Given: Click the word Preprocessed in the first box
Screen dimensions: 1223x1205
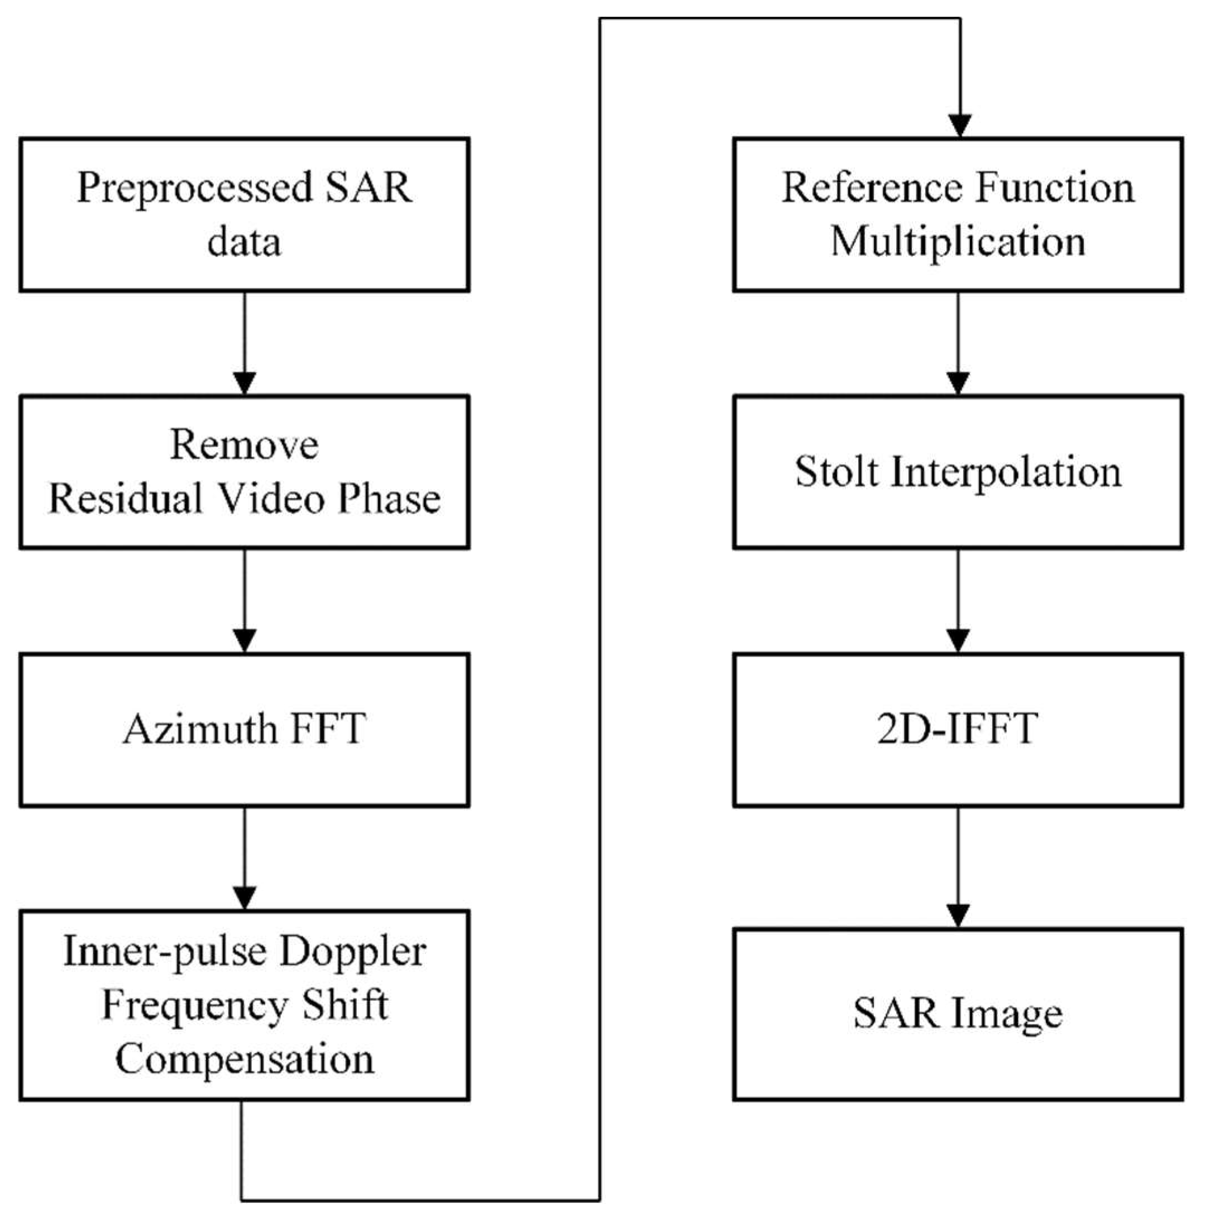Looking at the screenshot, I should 194,188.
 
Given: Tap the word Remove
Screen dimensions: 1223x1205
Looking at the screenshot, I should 243,445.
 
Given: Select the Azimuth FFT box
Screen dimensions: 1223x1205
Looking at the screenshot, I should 243,729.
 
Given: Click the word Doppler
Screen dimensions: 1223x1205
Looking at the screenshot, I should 352,952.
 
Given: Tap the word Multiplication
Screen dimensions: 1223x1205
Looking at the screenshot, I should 958,242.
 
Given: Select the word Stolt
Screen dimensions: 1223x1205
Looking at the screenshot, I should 836,472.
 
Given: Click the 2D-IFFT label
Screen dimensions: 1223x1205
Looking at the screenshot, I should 957,729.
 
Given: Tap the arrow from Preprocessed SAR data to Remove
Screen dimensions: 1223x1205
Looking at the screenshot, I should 244,345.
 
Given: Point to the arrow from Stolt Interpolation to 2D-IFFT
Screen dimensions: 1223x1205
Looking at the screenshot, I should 958,601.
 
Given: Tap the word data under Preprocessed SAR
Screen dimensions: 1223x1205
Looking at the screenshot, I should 243,242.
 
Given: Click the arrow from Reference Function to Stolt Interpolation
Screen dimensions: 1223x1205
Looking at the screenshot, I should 958,345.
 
